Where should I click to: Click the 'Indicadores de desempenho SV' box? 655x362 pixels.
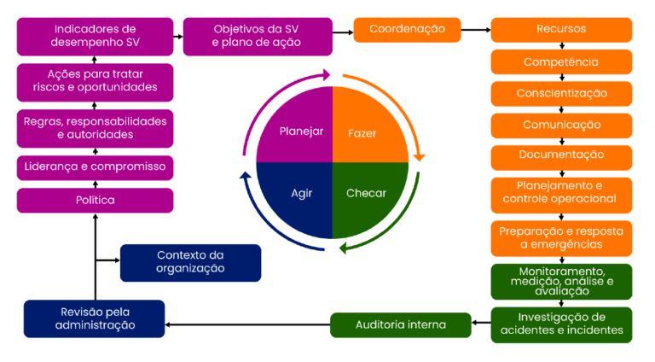coord(95,36)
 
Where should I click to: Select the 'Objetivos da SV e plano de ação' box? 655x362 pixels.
coord(257,36)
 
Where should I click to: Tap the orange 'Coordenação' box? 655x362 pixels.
coord(407,29)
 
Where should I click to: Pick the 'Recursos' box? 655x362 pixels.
coord(561,29)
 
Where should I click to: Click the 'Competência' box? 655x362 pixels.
coord(561,61)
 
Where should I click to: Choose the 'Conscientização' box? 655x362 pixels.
coord(561,93)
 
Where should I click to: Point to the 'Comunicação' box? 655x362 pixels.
coord(561,125)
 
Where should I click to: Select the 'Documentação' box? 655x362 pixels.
coord(561,155)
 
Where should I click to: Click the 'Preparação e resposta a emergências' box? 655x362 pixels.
coord(561,238)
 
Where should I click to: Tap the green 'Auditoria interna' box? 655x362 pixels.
coord(401,324)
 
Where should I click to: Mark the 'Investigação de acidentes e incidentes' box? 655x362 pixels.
coord(561,324)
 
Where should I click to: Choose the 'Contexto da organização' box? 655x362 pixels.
coord(190,262)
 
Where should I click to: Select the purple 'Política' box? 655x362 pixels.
coord(95,201)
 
